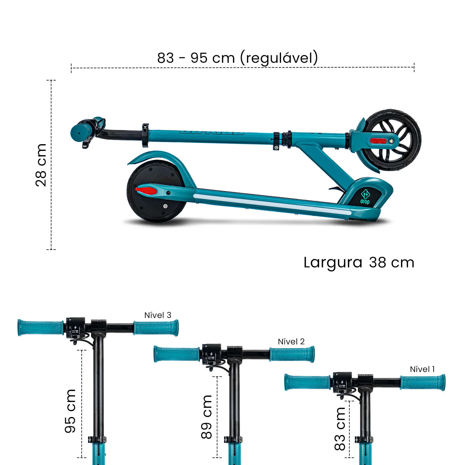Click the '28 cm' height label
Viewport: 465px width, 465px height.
[x=41, y=165]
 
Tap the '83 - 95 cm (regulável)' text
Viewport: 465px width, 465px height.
[x=237, y=58]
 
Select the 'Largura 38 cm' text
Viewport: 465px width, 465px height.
[x=359, y=262]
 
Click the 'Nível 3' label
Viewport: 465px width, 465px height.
[x=158, y=315]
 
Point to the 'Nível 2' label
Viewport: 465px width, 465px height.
[x=291, y=341]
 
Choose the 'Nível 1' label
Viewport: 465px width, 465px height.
[x=422, y=369]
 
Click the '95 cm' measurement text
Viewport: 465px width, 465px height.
[x=70, y=411]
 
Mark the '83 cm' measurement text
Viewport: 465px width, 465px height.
[x=340, y=429]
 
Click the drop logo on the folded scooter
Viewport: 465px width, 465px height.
[x=365, y=197]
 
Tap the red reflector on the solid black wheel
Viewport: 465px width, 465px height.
[x=146, y=191]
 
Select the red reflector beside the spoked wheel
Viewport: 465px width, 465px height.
[x=378, y=141]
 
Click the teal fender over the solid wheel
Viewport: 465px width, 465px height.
[x=163, y=157]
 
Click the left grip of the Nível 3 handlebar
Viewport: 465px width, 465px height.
[x=41, y=328]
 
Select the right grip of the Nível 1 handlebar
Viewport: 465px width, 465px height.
[x=423, y=383]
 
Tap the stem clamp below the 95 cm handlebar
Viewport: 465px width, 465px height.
[x=97, y=439]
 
